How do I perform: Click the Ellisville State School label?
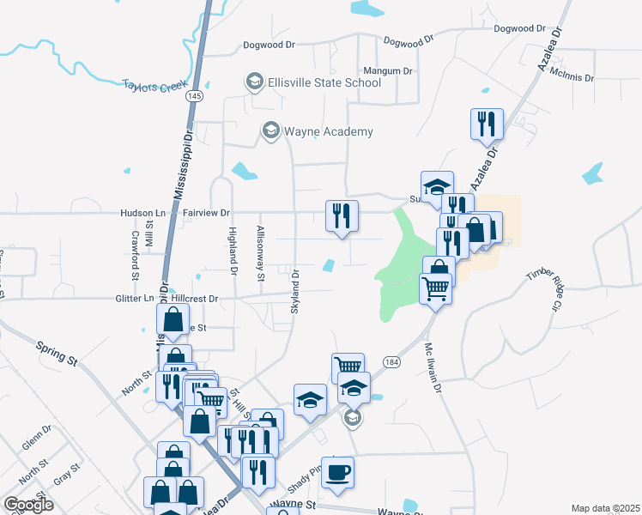click(x=325, y=83)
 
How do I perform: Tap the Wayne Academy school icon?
click(x=271, y=131)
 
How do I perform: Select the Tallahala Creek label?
click(x=154, y=85)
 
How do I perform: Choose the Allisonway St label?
click(x=261, y=252)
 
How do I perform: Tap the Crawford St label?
click(x=136, y=256)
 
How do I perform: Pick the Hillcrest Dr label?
click(x=196, y=298)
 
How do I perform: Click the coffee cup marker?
click(x=337, y=473)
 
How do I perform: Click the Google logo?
click(x=28, y=505)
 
